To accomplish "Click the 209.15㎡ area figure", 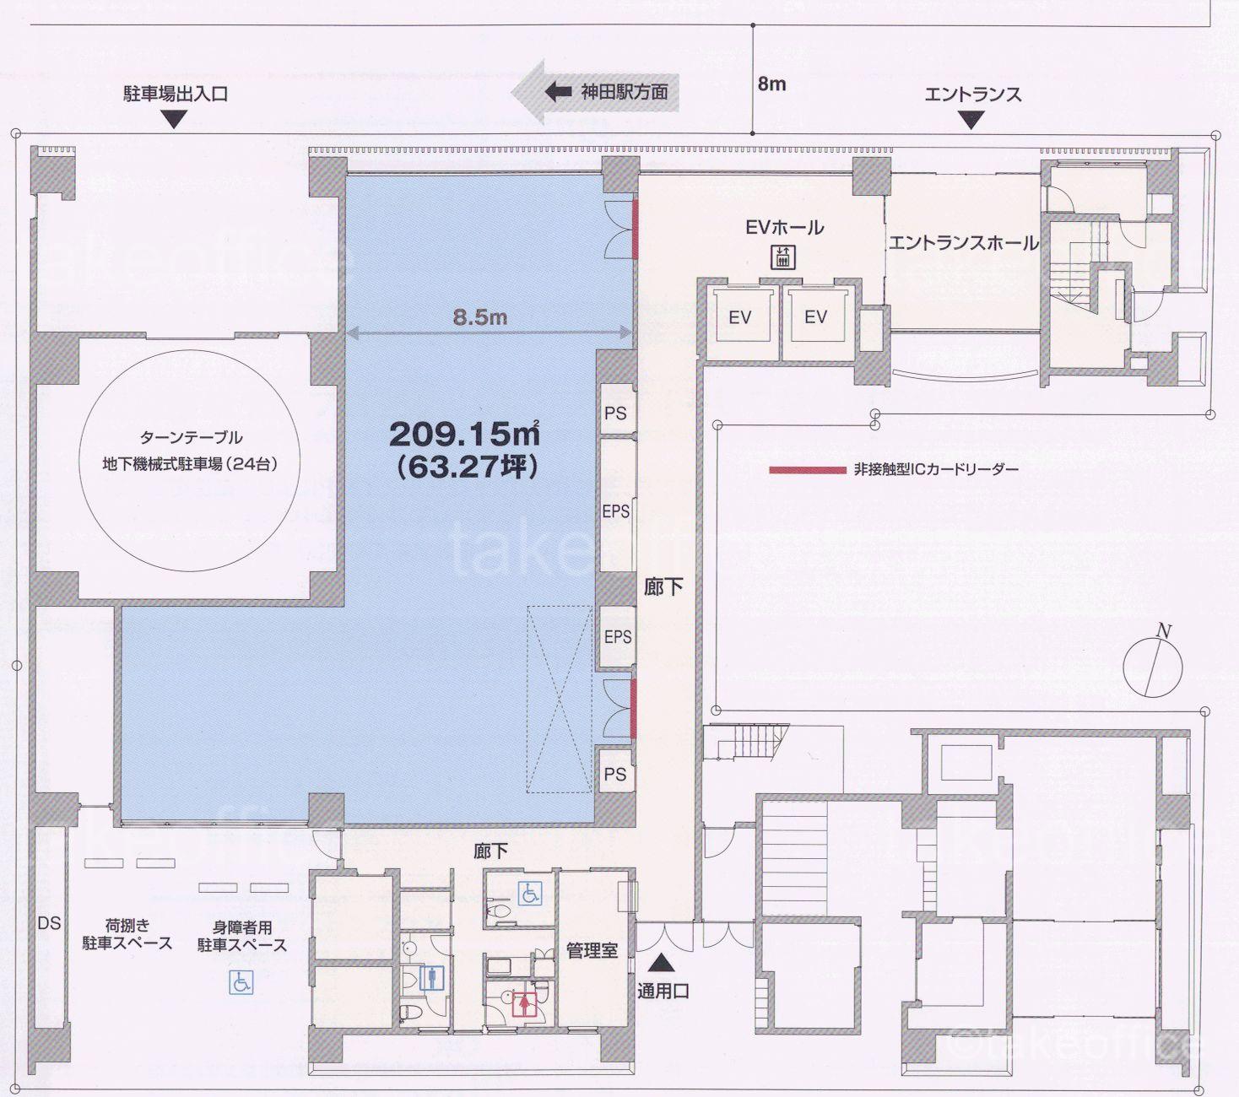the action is coord(464,434).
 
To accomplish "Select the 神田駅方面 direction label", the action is coord(624,92).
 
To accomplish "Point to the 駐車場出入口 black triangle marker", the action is coord(175,119).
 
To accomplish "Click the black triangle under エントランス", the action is coord(971,120).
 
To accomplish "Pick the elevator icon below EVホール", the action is coord(782,257).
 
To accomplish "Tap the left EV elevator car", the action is coord(740,316).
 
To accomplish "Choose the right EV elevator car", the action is coord(816,316).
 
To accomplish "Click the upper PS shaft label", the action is coord(615,413).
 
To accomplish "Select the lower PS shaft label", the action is coord(615,774).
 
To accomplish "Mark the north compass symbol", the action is coord(1153,663).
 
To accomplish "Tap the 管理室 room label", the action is coord(592,950).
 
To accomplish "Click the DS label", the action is coord(50,922).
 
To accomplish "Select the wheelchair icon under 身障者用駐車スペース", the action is coord(241,982).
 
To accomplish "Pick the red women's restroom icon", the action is coord(524,1003).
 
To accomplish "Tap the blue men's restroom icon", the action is coord(432,977).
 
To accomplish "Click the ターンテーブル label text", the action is coord(192,438).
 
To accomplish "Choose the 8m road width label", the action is coord(771,84).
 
